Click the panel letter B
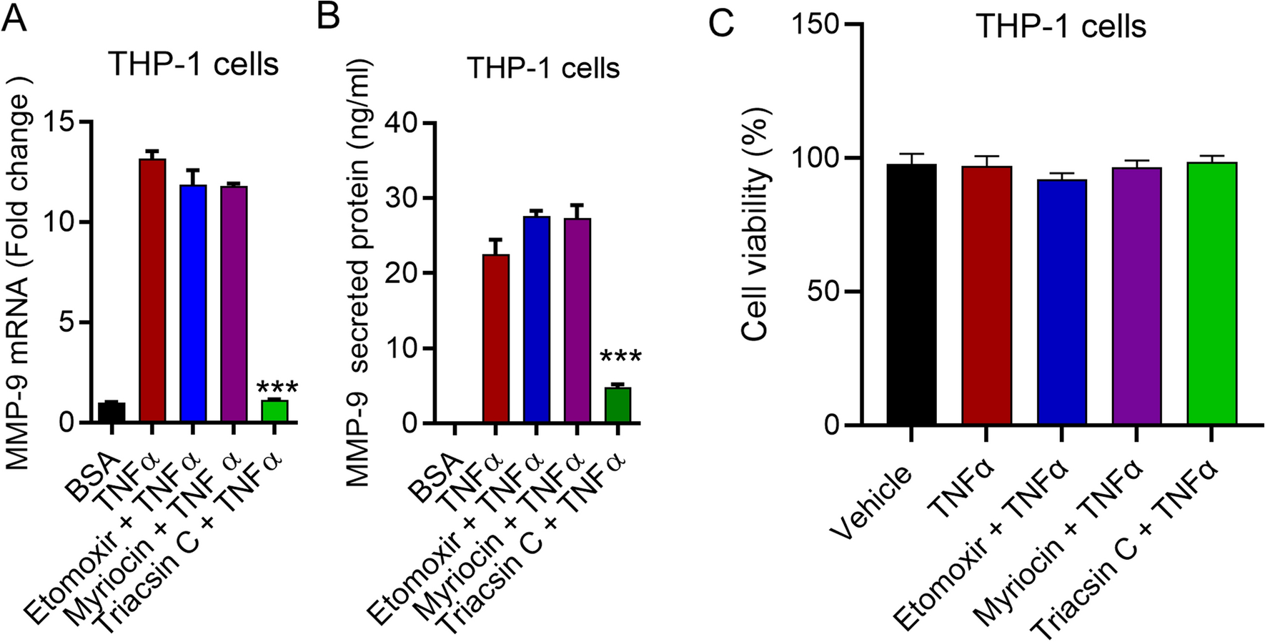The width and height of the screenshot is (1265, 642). click(327, 16)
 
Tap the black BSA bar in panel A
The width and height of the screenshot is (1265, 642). click(111, 413)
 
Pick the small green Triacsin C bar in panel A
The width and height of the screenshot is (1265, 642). click(274, 411)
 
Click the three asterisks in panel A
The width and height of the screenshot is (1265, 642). click(277, 388)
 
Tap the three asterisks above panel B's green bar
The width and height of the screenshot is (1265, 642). click(620, 357)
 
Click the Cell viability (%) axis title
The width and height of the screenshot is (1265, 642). click(755, 224)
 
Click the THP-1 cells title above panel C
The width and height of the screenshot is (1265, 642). click(1061, 27)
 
